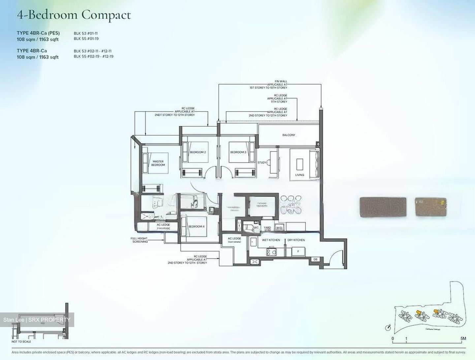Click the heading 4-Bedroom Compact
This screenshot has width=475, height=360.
(x=74, y=15)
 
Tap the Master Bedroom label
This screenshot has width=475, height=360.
(x=158, y=163)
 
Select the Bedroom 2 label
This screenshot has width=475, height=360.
(x=198, y=152)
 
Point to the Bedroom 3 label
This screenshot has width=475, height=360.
(x=238, y=152)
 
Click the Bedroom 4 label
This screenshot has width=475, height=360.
(x=196, y=226)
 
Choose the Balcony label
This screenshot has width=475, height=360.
(x=289, y=135)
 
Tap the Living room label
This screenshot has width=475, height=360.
(x=300, y=175)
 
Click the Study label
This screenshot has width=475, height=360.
(x=262, y=162)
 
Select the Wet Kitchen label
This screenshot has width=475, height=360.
(x=271, y=240)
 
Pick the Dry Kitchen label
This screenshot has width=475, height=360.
(x=296, y=240)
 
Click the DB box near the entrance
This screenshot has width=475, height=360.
(x=315, y=259)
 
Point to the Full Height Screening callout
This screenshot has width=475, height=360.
(x=139, y=240)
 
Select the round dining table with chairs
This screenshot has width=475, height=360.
(x=291, y=205)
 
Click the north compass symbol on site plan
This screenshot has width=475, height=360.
(x=388, y=327)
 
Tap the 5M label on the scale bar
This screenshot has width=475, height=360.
(x=463, y=338)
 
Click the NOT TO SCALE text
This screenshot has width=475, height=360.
(x=21, y=342)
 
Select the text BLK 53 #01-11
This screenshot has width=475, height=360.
(x=85, y=33)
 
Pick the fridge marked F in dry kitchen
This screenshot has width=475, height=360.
(x=298, y=251)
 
